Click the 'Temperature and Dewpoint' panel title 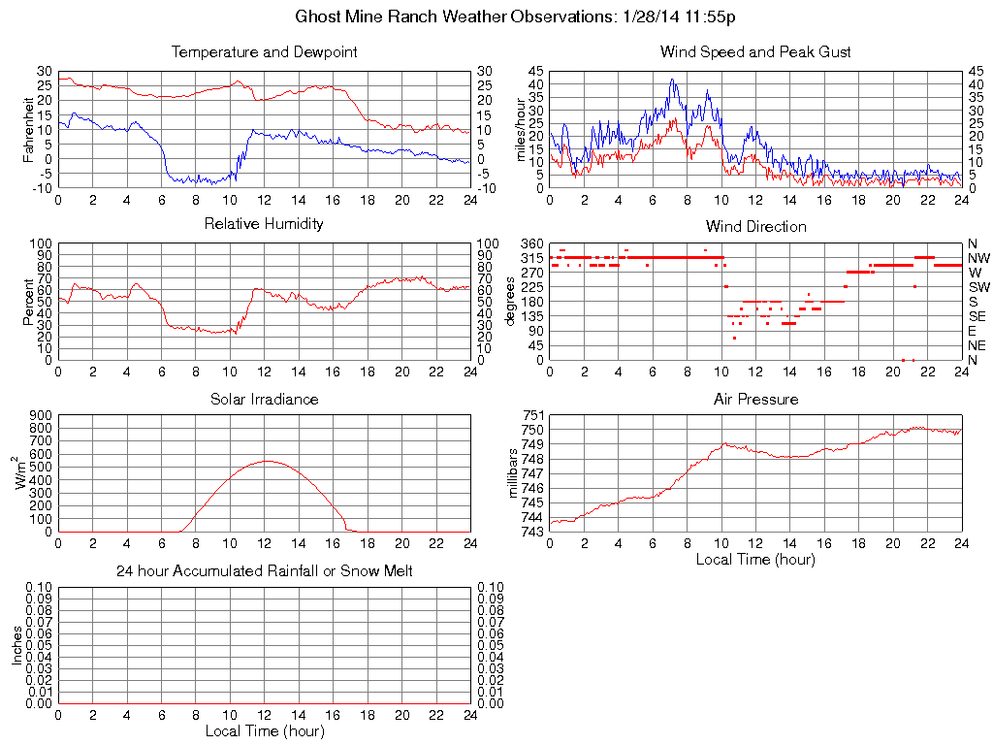pyautogui.click(x=264, y=51)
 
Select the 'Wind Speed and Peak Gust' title pyautogui.click(x=755, y=51)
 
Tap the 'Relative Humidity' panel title pyautogui.click(x=264, y=224)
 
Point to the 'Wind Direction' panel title pyautogui.click(x=755, y=226)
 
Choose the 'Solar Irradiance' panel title pyautogui.click(x=264, y=399)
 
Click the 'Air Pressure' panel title pyautogui.click(x=755, y=399)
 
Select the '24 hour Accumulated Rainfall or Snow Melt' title pyautogui.click(x=264, y=571)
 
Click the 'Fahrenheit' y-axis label pyautogui.click(x=29, y=129)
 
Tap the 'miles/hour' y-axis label pyautogui.click(x=521, y=129)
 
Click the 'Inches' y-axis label pyautogui.click(x=16, y=645)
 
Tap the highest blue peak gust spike pyautogui.click(x=672, y=80)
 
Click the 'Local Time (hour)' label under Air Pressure pyautogui.click(x=755, y=559)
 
